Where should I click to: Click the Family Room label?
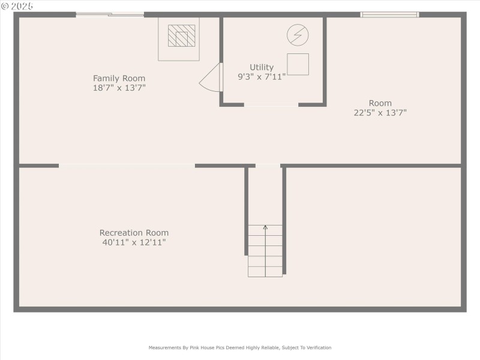point(119,78)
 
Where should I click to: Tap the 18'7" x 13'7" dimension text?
point(119,88)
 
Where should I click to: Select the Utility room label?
point(262,67)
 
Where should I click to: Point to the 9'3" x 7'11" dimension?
point(262,76)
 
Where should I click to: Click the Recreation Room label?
point(134,233)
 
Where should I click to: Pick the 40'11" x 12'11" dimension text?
point(134,242)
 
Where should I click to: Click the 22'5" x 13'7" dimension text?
point(380,112)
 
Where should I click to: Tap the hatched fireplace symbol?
point(181,35)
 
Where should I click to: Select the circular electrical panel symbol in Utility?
point(296,34)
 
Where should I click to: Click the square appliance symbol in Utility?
point(298,64)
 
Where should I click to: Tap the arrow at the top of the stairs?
point(265,227)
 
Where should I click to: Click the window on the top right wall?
point(389,14)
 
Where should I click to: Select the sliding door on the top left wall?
point(110,14)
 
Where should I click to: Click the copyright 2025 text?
point(18,5)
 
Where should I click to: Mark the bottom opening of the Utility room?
point(271,105)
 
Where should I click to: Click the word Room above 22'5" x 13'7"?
point(380,103)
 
